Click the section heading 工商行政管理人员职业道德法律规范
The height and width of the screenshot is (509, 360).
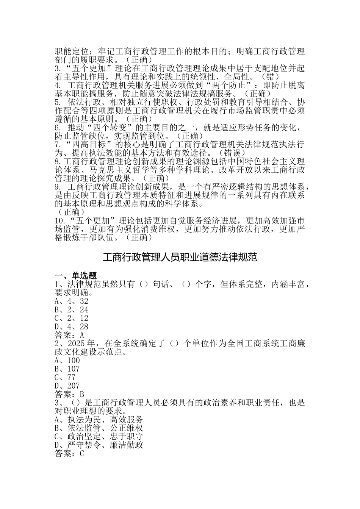(x=180, y=258)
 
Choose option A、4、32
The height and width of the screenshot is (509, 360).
(x=71, y=301)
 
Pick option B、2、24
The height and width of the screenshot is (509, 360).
(x=71, y=310)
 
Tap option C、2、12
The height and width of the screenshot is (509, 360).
(x=71, y=318)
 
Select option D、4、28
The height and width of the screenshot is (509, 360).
(x=71, y=326)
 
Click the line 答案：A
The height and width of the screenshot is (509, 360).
(x=69, y=335)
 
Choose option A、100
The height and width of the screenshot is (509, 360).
(x=67, y=361)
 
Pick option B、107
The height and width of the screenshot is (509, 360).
(x=67, y=369)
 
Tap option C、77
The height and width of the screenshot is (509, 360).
(x=65, y=378)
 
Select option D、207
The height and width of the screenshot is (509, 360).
(x=67, y=386)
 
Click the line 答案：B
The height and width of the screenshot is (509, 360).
(x=69, y=394)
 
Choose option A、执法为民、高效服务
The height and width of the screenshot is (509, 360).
(x=99, y=420)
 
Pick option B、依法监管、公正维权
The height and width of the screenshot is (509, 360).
(x=99, y=428)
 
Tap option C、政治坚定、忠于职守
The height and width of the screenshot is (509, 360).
(x=99, y=437)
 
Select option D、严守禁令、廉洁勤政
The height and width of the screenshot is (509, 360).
(x=99, y=445)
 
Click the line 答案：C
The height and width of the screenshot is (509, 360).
(x=69, y=454)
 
